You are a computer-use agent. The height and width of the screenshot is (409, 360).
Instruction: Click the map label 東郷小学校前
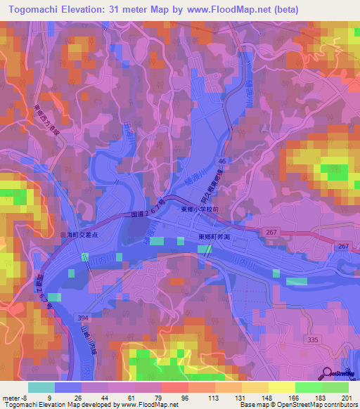coord(202,209)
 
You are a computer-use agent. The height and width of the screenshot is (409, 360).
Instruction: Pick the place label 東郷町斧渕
coord(215,237)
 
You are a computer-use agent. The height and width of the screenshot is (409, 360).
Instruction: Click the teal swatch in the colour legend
coord(41,387)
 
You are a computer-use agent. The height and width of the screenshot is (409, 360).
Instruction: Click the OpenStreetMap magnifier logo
coord(327,373)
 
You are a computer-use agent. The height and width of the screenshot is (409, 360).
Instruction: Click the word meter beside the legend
coord(11,398)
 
